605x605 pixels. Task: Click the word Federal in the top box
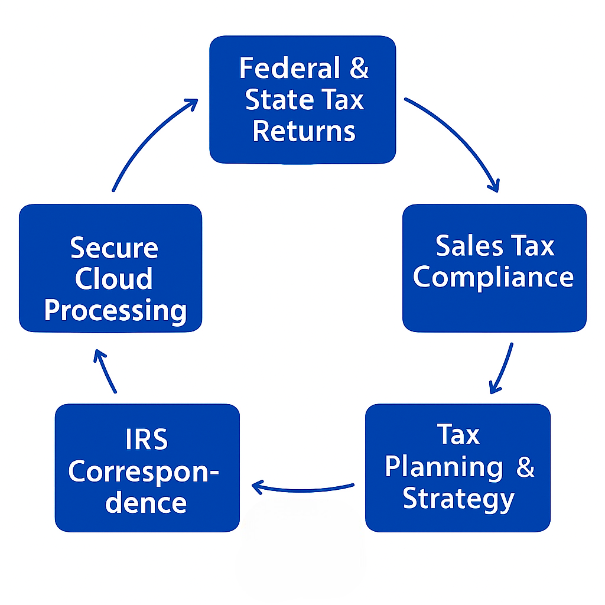click(x=288, y=69)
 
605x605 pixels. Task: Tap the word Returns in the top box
click(x=304, y=131)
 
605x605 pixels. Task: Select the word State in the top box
click(x=274, y=100)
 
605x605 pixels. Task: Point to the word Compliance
click(x=493, y=277)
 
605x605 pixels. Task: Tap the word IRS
click(x=147, y=440)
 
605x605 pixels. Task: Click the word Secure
click(x=114, y=248)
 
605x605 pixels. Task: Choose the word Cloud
click(x=113, y=279)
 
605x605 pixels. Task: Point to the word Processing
click(x=115, y=311)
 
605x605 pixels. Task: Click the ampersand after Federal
click(x=358, y=69)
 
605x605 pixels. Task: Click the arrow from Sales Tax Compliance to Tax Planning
click(x=502, y=369)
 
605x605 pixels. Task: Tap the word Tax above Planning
click(x=458, y=435)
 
